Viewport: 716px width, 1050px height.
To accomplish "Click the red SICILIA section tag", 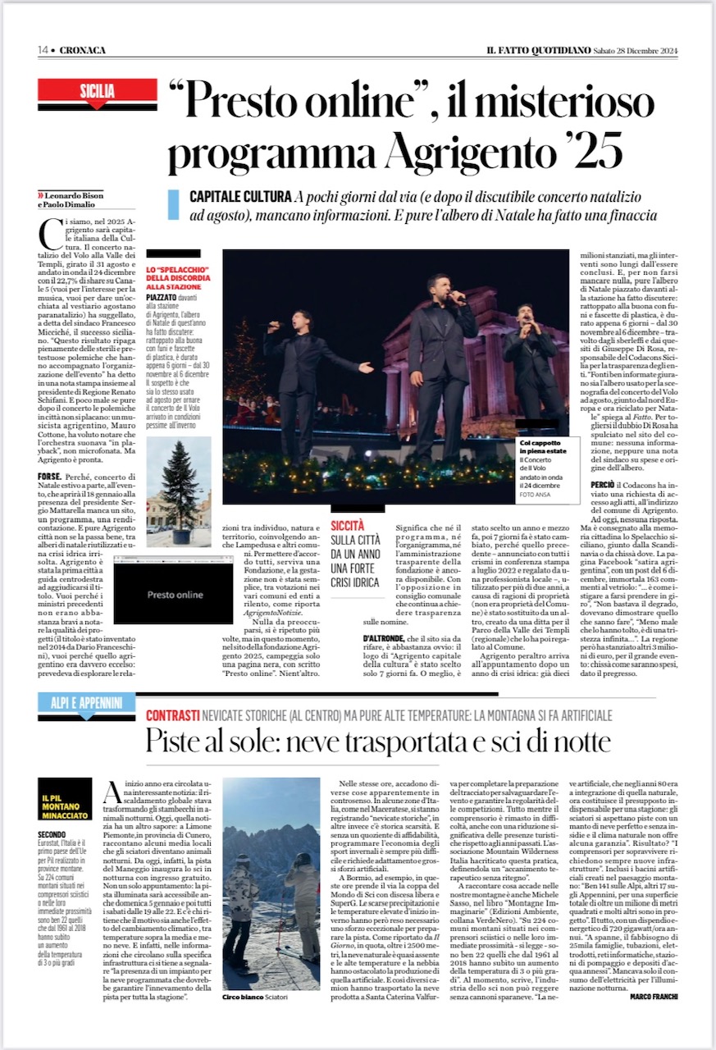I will [97, 91].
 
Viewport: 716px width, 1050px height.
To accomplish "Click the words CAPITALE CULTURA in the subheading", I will [240, 198].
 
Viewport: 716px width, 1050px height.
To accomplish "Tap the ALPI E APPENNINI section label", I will [85, 703].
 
